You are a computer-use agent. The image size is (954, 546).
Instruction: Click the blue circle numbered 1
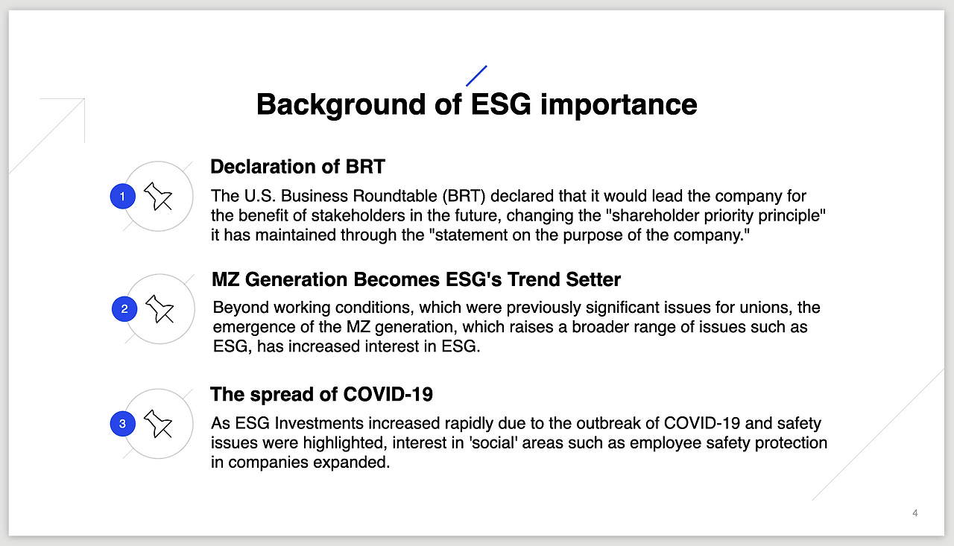click(123, 196)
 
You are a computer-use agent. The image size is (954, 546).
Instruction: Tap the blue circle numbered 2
click(124, 309)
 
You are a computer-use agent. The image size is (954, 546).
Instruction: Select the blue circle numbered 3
click(123, 424)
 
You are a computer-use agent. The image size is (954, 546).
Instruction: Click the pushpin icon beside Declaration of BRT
click(158, 196)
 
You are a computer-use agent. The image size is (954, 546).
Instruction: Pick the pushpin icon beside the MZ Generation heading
click(159, 309)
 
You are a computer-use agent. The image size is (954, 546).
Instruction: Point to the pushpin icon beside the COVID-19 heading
click(158, 424)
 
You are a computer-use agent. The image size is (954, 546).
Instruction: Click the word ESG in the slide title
click(501, 104)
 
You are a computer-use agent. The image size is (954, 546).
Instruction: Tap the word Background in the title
click(341, 105)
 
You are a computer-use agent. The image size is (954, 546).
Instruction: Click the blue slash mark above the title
click(476, 76)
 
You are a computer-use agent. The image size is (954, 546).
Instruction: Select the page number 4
click(914, 513)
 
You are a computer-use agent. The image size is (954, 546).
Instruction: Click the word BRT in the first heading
click(365, 166)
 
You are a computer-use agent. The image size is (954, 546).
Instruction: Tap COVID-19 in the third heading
click(388, 394)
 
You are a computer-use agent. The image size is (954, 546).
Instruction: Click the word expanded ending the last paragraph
click(351, 463)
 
